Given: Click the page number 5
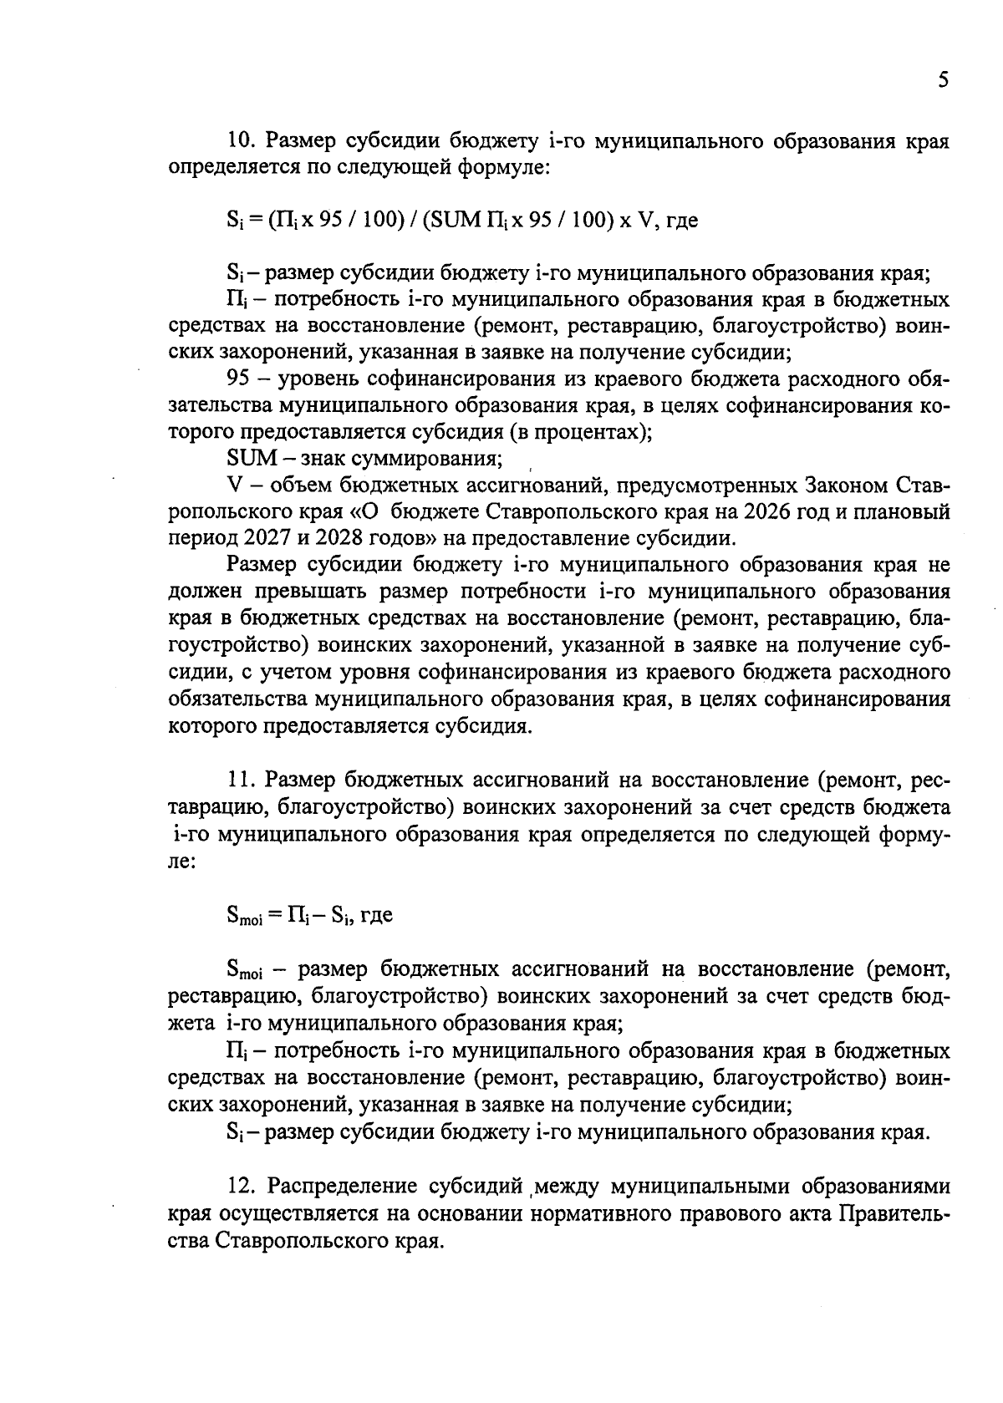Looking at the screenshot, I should click(943, 80).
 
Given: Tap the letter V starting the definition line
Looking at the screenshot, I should click(234, 485).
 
